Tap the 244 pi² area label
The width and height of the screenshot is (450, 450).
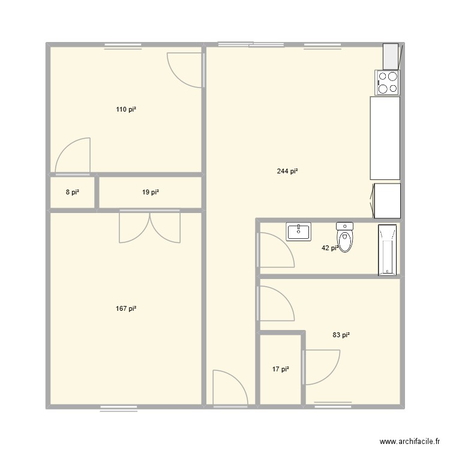pyautogui.click(x=287, y=172)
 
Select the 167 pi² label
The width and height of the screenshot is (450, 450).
pyautogui.click(x=126, y=308)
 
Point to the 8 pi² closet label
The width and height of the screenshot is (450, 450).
pyautogui.click(x=72, y=193)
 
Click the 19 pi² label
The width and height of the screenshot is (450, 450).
pyautogui.click(x=150, y=193)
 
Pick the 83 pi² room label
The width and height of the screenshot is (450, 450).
pyautogui.click(x=341, y=335)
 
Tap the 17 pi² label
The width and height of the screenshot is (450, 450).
pyautogui.click(x=280, y=370)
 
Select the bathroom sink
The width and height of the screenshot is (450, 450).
pyautogui.click(x=298, y=231)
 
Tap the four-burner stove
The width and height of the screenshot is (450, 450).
pyautogui.click(x=388, y=82)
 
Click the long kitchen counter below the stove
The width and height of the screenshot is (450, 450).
pyautogui.click(x=385, y=138)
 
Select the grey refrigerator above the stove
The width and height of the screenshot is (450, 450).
pyautogui.click(x=391, y=56)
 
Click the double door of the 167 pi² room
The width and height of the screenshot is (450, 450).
pyautogui.click(x=149, y=227)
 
